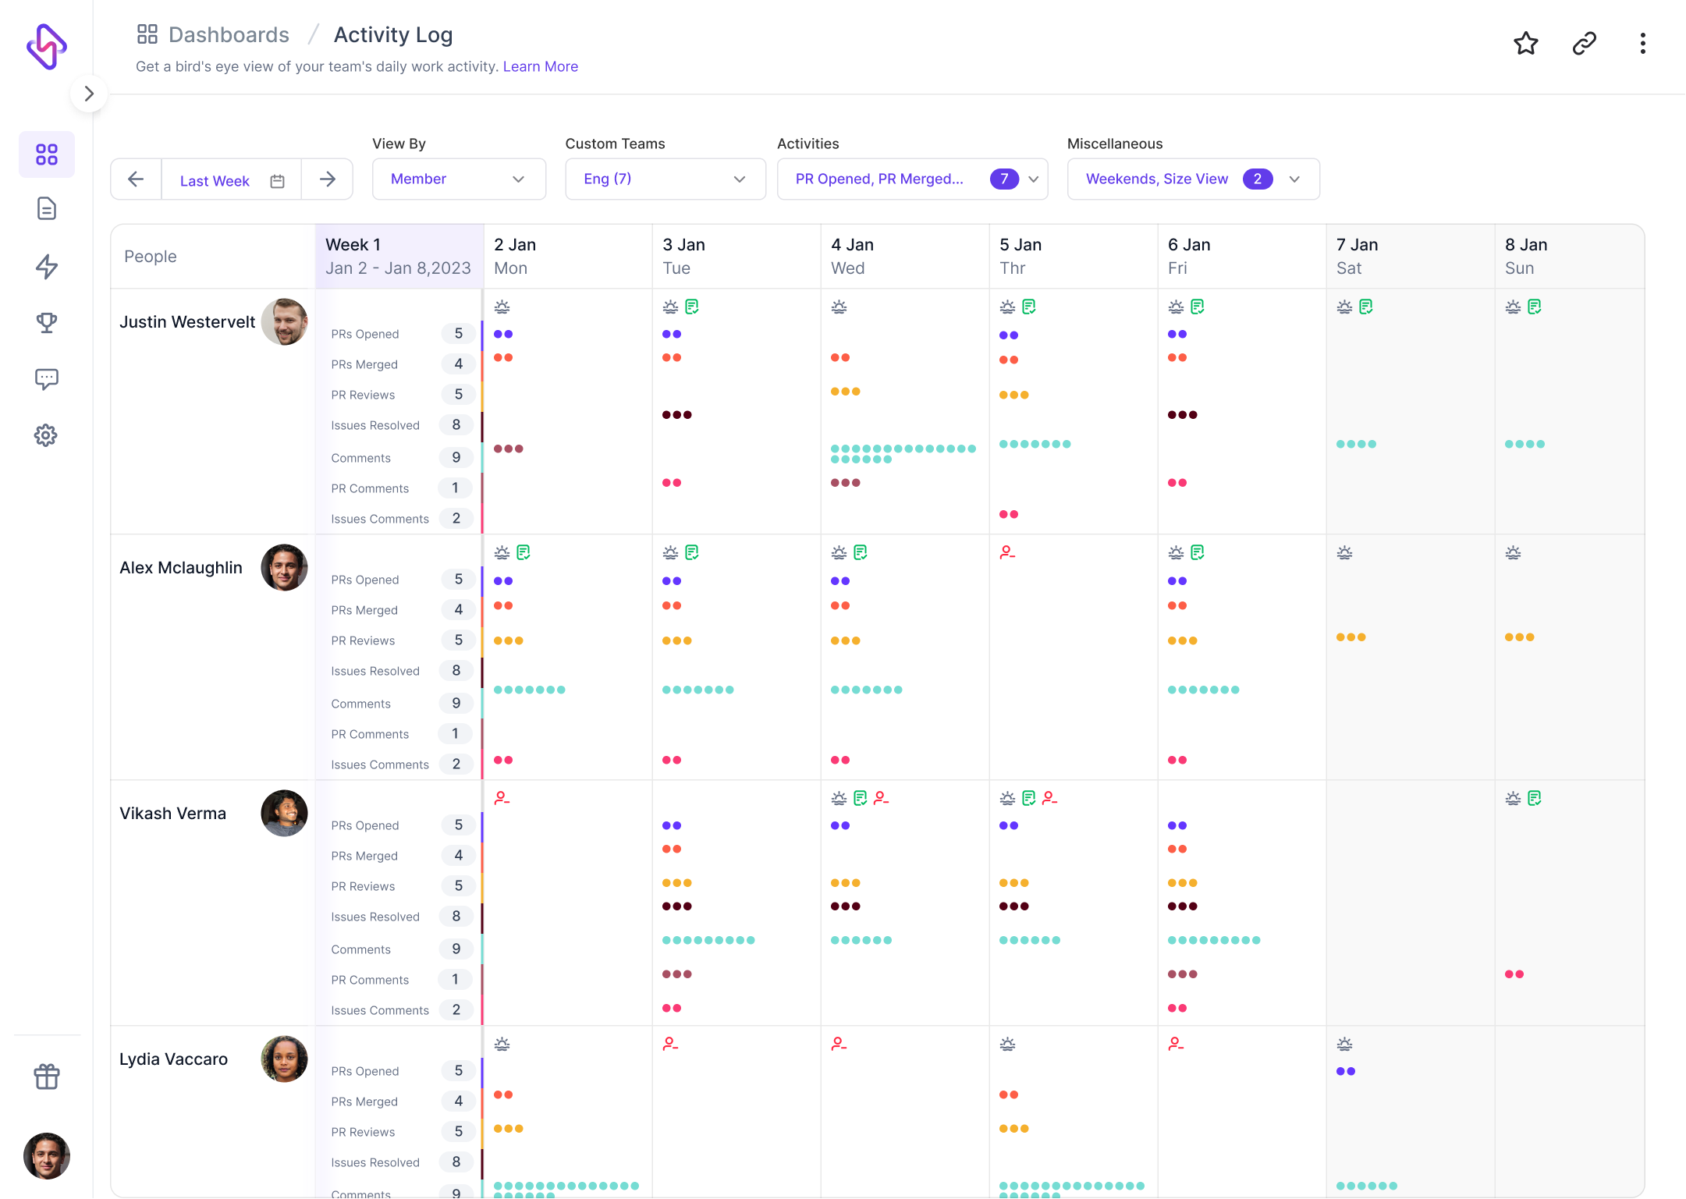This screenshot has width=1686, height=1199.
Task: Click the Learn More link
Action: click(x=540, y=66)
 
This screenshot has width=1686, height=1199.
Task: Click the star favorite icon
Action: click(x=1525, y=44)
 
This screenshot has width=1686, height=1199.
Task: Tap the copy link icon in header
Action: click(x=1584, y=44)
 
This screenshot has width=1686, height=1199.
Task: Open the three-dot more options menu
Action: click(x=1642, y=44)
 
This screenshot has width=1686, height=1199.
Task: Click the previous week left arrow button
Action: click(x=136, y=179)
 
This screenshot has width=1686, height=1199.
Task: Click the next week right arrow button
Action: click(x=327, y=179)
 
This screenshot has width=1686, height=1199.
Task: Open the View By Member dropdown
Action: click(x=458, y=179)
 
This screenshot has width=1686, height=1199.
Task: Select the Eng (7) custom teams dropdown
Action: click(x=665, y=179)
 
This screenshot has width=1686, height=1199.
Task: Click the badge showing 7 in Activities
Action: click(x=1003, y=179)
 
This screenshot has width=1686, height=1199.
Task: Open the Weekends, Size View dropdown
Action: click(x=1192, y=179)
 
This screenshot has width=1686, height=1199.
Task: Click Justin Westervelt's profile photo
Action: click(x=284, y=321)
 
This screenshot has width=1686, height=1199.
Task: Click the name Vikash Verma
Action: click(x=172, y=813)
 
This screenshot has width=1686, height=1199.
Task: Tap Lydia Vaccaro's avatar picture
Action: click(x=284, y=1059)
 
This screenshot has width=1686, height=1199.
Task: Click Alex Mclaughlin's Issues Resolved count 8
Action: click(x=456, y=670)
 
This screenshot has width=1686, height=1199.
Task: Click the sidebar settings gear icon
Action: click(x=46, y=435)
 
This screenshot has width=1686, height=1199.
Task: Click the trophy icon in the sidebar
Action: click(x=46, y=322)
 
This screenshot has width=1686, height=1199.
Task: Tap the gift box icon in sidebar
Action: click(x=46, y=1077)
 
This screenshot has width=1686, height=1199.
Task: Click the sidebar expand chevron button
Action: click(x=89, y=94)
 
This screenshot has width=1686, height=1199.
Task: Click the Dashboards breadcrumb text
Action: click(x=229, y=35)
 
